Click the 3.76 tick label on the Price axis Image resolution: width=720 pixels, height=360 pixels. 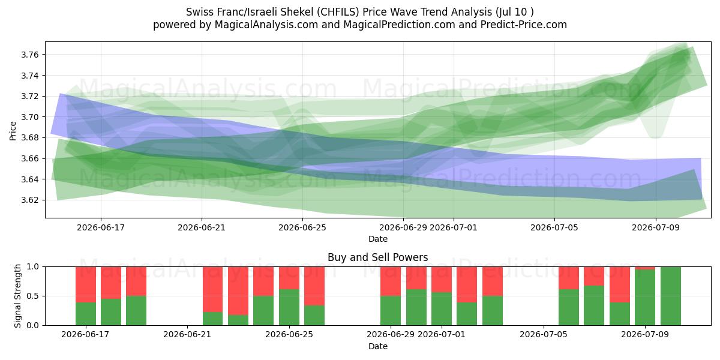tap(29, 55)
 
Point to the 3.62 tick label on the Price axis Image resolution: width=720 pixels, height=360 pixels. tap(29, 200)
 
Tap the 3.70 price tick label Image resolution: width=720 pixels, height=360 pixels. tap(29, 117)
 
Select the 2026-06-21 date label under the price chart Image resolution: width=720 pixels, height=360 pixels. tap(202, 227)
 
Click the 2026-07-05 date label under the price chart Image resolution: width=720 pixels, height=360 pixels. tap(554, 227)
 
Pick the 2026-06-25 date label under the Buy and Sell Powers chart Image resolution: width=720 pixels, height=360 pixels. tap(289, 334)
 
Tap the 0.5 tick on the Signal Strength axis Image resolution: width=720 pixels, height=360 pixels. tap(32, 296)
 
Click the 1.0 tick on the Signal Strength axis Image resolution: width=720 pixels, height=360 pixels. tap(32, 267)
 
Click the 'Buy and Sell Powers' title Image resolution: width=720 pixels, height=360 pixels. tap(377, 257)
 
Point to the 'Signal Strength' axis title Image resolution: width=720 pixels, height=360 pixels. tap(17, 296)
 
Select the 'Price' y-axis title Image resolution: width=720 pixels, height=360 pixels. tap(13, 131)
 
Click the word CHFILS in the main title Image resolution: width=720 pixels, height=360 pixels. tap(338, 12)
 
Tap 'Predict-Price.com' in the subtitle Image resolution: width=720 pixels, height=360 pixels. tap(524, 25)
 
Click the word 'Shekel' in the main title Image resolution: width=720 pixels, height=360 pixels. tap(295, 12)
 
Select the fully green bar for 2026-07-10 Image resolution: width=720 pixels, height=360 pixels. tap(671, 296)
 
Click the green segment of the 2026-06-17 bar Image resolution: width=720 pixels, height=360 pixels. tap(86, 314)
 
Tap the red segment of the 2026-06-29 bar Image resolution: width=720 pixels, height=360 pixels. tap(391, 281)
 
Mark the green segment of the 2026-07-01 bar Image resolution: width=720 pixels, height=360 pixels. tap(442, 309)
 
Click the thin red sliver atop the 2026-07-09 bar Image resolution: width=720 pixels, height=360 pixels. tap(645, 268)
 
